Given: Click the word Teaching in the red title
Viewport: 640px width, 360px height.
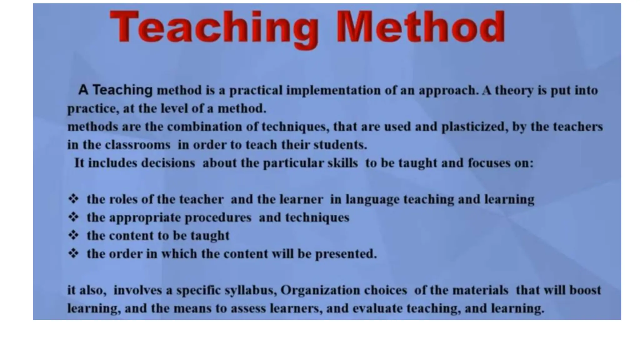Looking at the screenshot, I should coord(214,27).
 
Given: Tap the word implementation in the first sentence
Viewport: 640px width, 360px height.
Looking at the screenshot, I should coord(333,91).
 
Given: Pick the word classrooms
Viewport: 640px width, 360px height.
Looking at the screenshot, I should coord(137,145).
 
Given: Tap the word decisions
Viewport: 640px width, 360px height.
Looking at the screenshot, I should coord(168,163).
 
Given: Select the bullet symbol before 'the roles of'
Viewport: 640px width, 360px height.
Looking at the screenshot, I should coord(73,199).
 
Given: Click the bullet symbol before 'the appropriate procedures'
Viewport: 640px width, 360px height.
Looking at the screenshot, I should coord(73,217).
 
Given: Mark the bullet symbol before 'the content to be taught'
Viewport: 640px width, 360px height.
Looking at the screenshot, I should coord(73,235).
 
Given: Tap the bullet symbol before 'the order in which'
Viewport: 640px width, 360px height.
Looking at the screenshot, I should coord(73,253).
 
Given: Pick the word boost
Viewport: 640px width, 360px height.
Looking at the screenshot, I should coord(585,290).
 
